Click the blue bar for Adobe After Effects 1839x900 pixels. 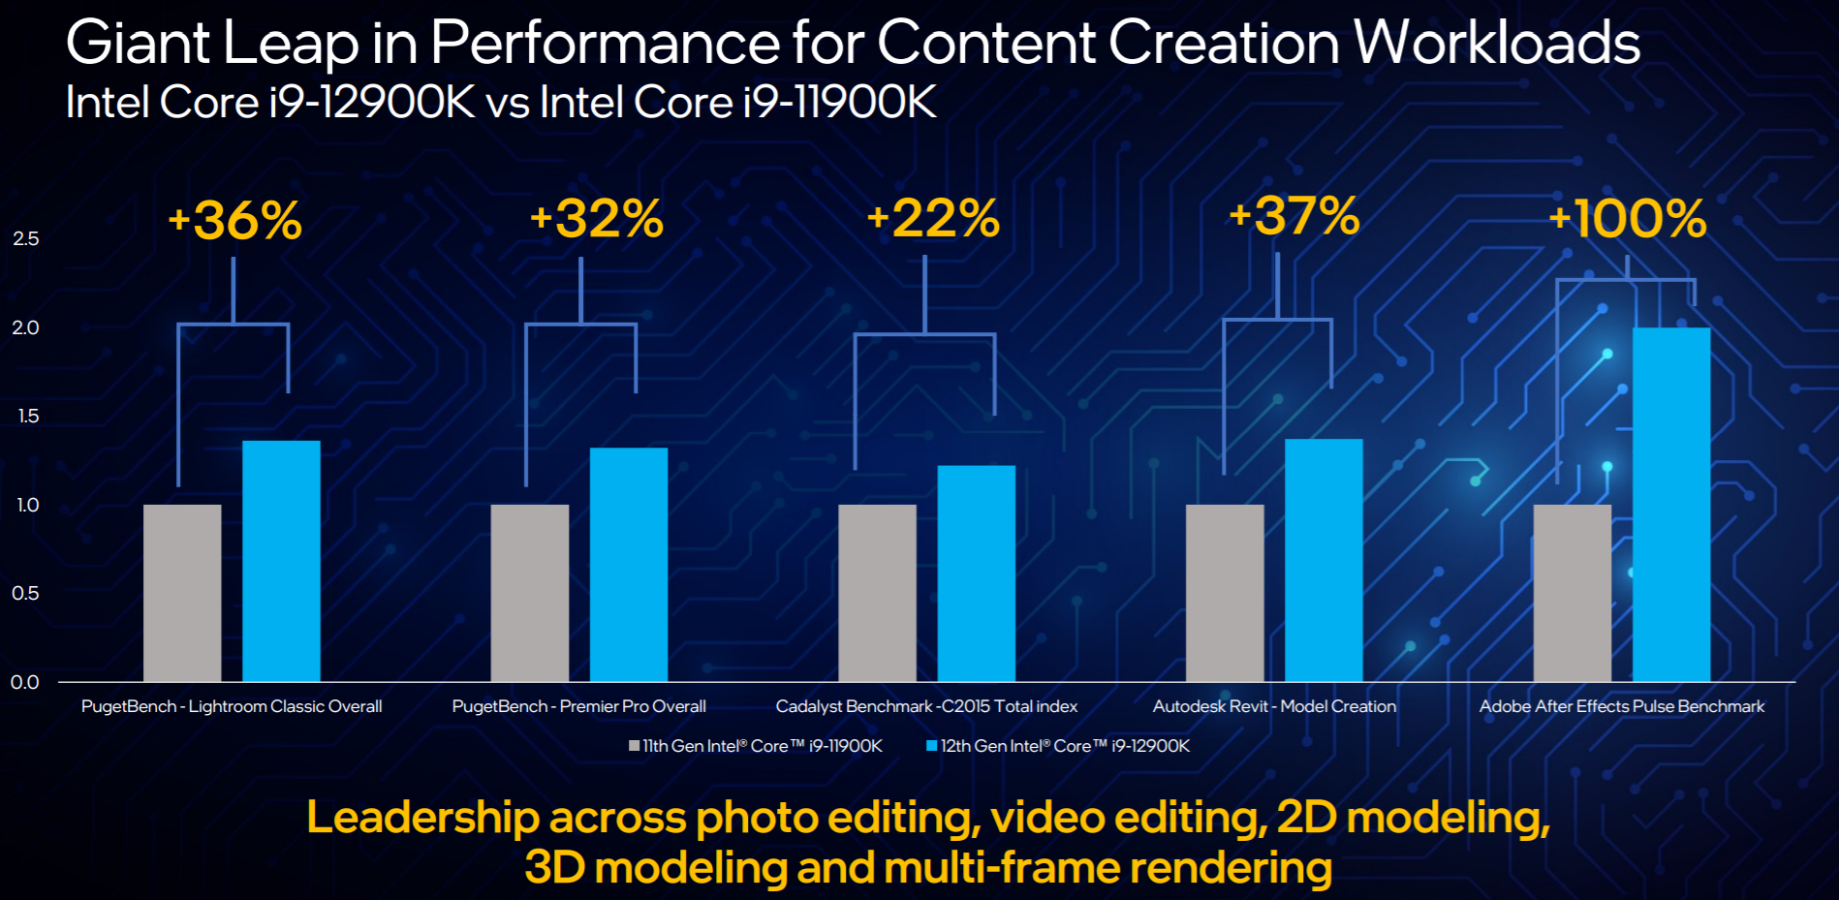[1670, 504]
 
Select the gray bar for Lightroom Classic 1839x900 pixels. [182, 592]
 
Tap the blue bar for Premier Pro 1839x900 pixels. [629, 564]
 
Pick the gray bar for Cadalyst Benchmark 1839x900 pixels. [877, 592]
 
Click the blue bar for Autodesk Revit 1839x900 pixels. [1324, 560]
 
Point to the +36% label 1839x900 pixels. [235, 221]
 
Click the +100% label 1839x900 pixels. [1627, 219]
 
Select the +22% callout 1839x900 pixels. [933, 219]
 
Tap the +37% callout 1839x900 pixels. [1294, 216]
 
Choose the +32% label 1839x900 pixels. [597, 219]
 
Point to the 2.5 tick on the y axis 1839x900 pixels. [26, 238]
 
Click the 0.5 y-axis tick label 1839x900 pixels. [26, 593]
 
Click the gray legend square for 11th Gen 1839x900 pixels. [635, 746]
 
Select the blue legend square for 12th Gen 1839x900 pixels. [932, 746]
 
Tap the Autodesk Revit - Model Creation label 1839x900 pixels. [1274, 706]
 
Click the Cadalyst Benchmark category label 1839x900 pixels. [926, 706]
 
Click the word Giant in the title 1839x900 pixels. [138, 44]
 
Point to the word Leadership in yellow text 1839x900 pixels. [422, 818]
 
